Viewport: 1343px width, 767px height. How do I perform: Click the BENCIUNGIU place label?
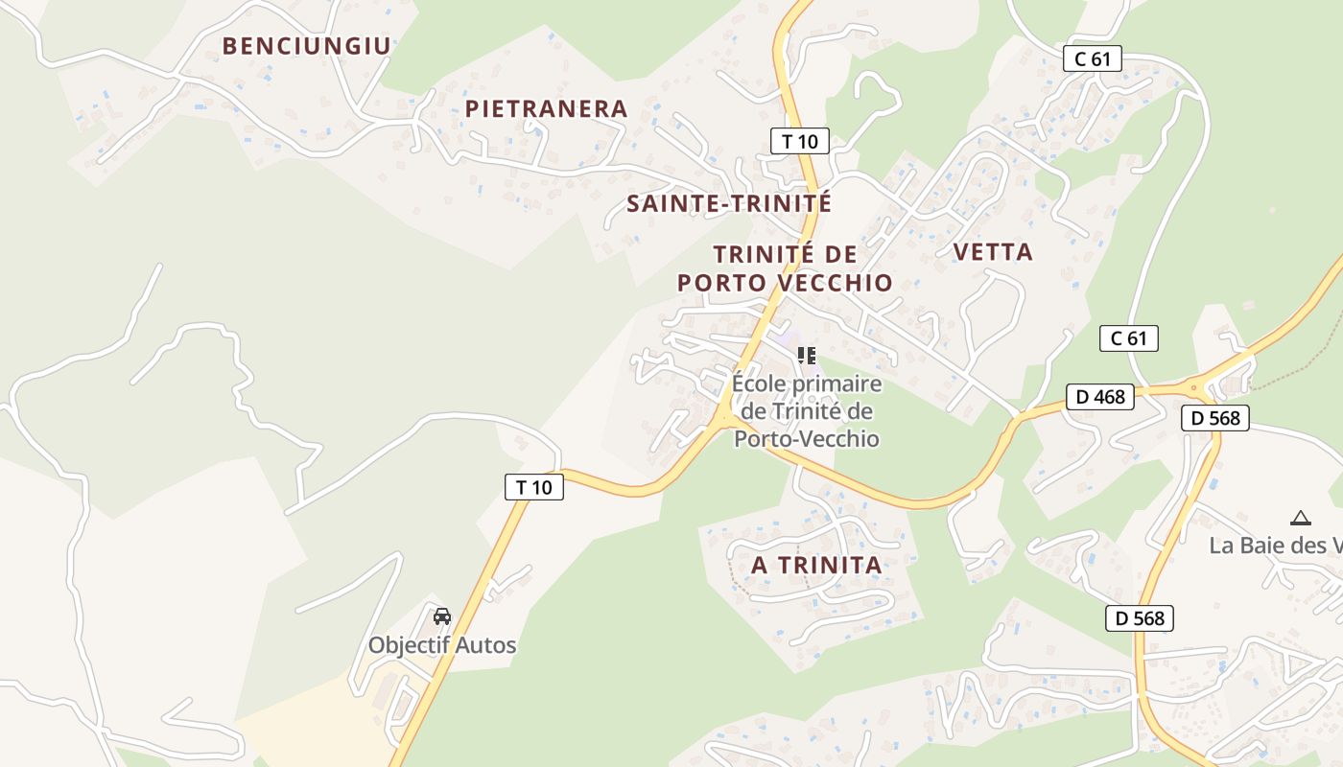pyautogui.click(x=307, y=45)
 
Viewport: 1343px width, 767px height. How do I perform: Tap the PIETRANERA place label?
pyautogui.click(x=546, y=108)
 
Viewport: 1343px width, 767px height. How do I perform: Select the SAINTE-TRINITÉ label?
pyautogui.click(x=728, y=203)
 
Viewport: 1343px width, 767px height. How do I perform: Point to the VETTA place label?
pyautogui.click(x=993, y=252)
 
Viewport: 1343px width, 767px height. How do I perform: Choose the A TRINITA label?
pyautogui.click(x=816, y=566)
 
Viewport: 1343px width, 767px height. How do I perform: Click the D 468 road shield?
pyautogui.click(x=1100, y=396)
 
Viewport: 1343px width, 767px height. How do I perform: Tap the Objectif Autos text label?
pyautogui.click(x=442, y=645)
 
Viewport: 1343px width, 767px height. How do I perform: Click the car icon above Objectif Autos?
pyautogui.click(x=442, y=616)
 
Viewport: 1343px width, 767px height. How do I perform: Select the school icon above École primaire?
pyautogui.click(x=807, y=357)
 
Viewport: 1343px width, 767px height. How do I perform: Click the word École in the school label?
pyautogui.click(x=759, y=383)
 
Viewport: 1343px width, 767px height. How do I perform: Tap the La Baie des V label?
pyautogui.click(x=1275, y=546)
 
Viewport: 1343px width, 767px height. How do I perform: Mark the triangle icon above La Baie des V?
pyautogui.click(x=1301, y=518)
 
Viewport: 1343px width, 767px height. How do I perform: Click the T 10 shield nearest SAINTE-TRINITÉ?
pyautogui.click(x=799, y=141)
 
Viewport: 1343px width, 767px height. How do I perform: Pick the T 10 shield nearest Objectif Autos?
pyautogui.click(x=534, y=487)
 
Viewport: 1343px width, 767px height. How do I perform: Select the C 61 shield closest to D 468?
pyautogui.click(x=1129, y=337)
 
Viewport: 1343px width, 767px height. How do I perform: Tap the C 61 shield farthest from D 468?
pyautogui.click(x=1093, y=58)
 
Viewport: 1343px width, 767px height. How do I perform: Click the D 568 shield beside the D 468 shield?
pyautogui.click(x=1215, y=417)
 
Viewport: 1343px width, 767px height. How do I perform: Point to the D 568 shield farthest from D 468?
pyautogui.click(x=1139, y=618)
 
